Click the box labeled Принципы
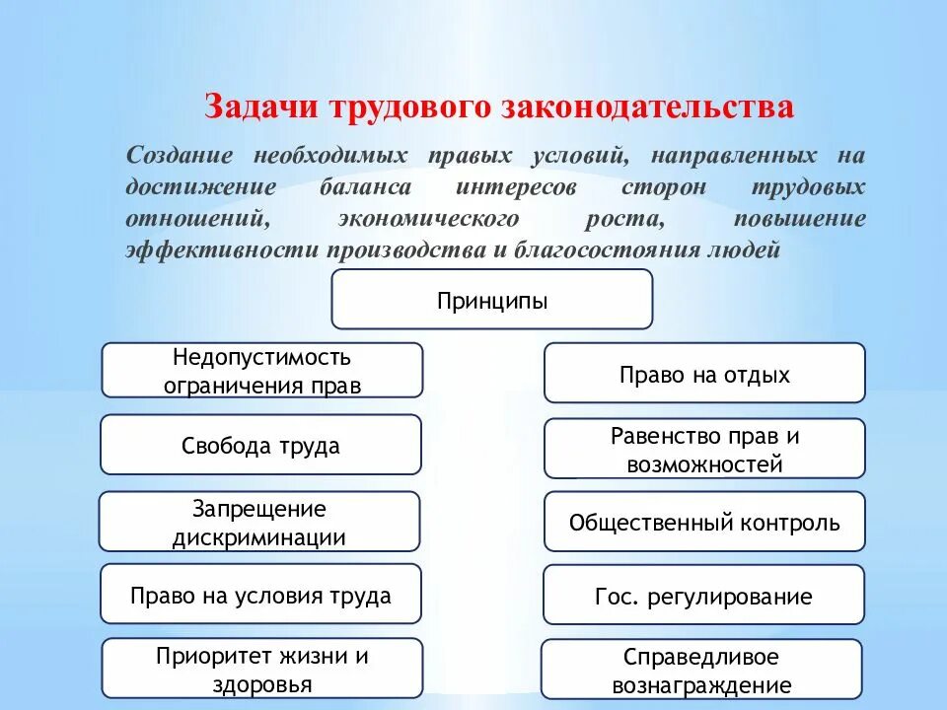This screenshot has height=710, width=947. click(491, 299)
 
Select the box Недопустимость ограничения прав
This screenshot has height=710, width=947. click(261, 370)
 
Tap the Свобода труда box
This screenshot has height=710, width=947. click(260, 445)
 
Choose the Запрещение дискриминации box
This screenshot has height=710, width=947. click(259, 523)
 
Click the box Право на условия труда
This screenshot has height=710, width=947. click(260, 595)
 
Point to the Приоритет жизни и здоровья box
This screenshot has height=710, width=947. click(261, 670)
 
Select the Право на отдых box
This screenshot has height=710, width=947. click(704, 374)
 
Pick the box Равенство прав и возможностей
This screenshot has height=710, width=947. click(704, 449)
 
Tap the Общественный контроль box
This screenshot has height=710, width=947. click(704, 522)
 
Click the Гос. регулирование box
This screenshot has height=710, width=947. click(704, 596)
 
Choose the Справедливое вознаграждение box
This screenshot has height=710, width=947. click(701, 671)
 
